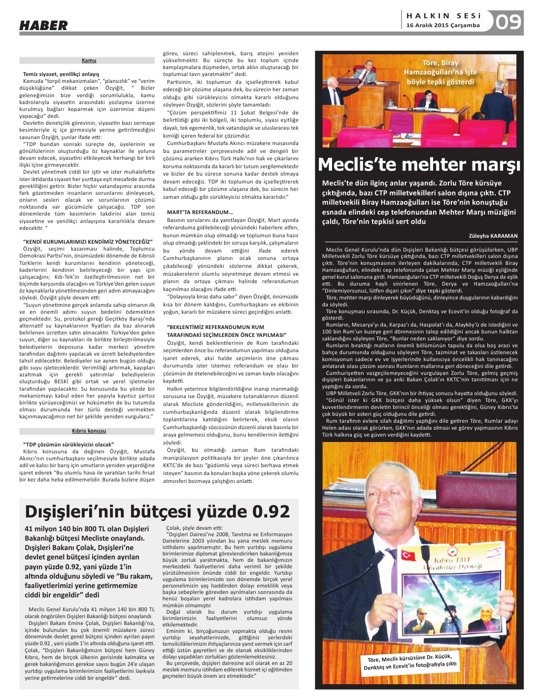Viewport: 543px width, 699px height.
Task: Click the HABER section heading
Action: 43,25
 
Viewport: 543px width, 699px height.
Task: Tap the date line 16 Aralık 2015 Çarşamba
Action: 442,26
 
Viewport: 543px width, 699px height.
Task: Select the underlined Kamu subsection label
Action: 89,60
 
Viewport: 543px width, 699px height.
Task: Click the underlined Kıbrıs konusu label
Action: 89,431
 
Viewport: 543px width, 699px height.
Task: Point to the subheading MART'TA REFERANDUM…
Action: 200,213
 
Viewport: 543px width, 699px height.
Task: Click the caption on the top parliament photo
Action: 441,73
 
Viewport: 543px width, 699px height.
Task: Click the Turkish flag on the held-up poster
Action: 409,555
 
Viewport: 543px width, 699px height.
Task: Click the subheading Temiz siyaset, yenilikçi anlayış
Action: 61,74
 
